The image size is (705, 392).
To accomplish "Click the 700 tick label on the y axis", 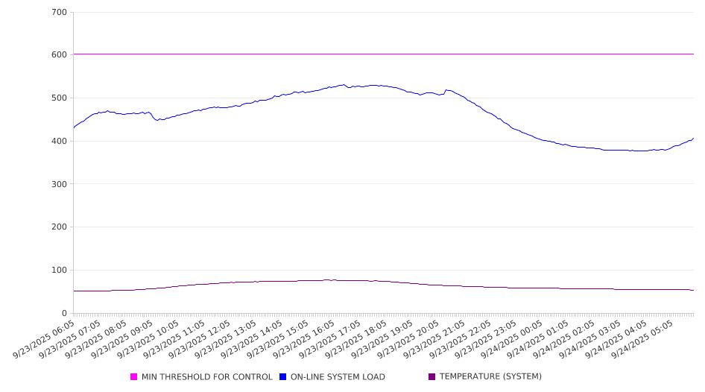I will tap(60, 13).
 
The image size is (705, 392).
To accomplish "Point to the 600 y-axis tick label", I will tap(60, 55).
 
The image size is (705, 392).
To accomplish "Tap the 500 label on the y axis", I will tap(60, 98).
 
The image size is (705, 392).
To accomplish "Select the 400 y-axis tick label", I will tap(60, 142).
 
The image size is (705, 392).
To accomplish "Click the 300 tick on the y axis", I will tap(60, 184).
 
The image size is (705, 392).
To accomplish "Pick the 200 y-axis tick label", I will tap(60, 227).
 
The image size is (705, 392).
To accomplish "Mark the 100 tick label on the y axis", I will tap(60, 271).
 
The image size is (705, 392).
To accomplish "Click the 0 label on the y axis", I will tap(64, 314).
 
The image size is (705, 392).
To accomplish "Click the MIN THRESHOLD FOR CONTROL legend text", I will tap(206, 377).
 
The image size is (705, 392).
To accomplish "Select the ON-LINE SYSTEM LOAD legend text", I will tap(338, 377).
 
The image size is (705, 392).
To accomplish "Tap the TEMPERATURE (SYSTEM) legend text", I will tap(490, 377).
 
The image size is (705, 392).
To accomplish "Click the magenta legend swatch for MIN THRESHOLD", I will tap(134, 377).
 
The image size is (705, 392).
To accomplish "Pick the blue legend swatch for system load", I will tap(283, 377).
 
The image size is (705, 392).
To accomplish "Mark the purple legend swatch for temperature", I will tap(432, 377).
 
